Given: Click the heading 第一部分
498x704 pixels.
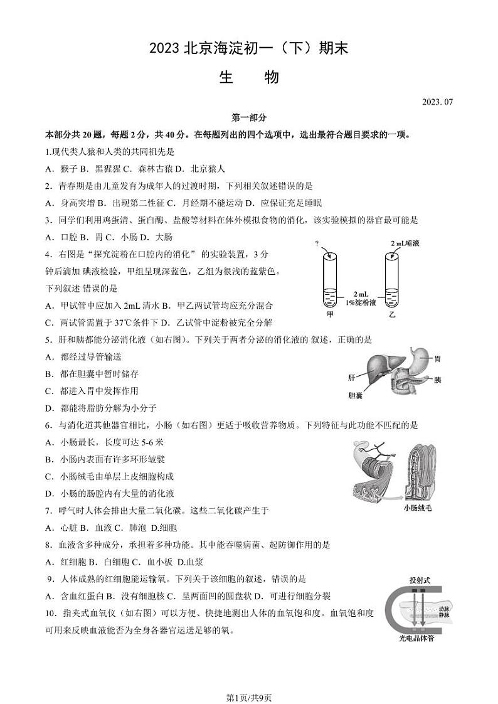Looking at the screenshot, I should (249, 117).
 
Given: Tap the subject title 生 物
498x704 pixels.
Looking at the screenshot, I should (249, 77).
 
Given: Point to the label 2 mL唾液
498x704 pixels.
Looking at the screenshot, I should (408, 242).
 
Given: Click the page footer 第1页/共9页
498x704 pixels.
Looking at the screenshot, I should (249, 680).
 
